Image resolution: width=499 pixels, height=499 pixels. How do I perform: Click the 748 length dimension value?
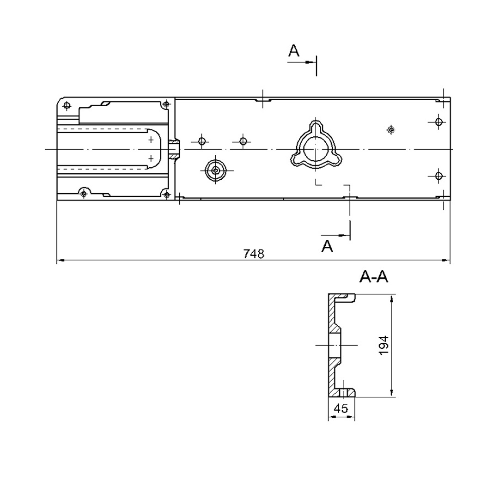pos(254,254)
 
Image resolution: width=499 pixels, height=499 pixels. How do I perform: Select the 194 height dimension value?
pos(383,345)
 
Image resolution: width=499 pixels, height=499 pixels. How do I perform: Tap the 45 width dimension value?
pos(341,408)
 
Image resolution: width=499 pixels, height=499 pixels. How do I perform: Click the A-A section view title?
pos(374,277)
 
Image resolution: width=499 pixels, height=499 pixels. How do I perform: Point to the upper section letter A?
pos(294,51)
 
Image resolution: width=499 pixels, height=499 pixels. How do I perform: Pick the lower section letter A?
pos(327,246)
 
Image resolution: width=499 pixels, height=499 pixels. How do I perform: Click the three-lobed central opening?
pos(316,144)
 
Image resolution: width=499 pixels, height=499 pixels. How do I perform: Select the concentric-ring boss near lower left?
pos(215,170)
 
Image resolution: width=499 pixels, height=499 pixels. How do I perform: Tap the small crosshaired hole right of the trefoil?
pos(391,130)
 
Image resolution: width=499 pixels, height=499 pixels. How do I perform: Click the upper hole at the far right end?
pos(439,122)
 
